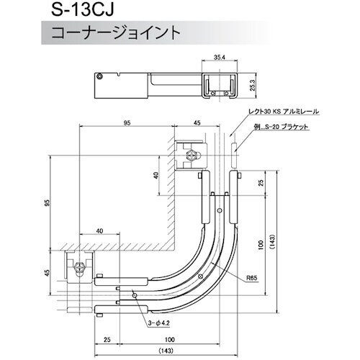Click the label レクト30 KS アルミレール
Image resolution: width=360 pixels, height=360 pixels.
click(x=282, y=112)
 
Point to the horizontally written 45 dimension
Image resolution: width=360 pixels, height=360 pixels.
click(x=197, y=123)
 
